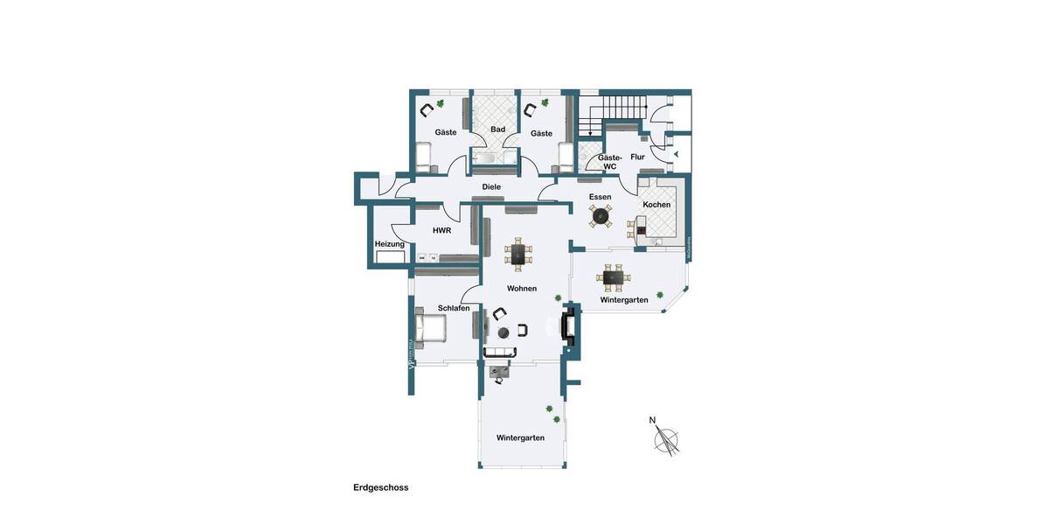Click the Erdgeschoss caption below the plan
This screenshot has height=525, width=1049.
tap(380, 487)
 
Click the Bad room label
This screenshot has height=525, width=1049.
tap(497, 129)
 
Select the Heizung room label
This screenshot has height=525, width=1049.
tap(389, 244)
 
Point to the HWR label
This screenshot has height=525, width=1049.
tap(441, 230)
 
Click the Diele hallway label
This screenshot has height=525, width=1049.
tap(491, 186)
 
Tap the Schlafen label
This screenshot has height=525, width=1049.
tap(454, 308)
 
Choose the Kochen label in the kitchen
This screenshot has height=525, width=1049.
tap(656, 205)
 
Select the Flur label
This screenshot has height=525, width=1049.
tap(637, 157)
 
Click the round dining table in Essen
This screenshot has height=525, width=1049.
tap(600, 214)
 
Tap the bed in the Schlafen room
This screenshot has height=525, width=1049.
tap(431, 330)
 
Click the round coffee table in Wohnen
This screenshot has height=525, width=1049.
tap(504, 332)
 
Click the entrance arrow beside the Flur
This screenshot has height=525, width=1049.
tap(675, 154)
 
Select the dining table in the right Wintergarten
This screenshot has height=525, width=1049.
tap(614, 278)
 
